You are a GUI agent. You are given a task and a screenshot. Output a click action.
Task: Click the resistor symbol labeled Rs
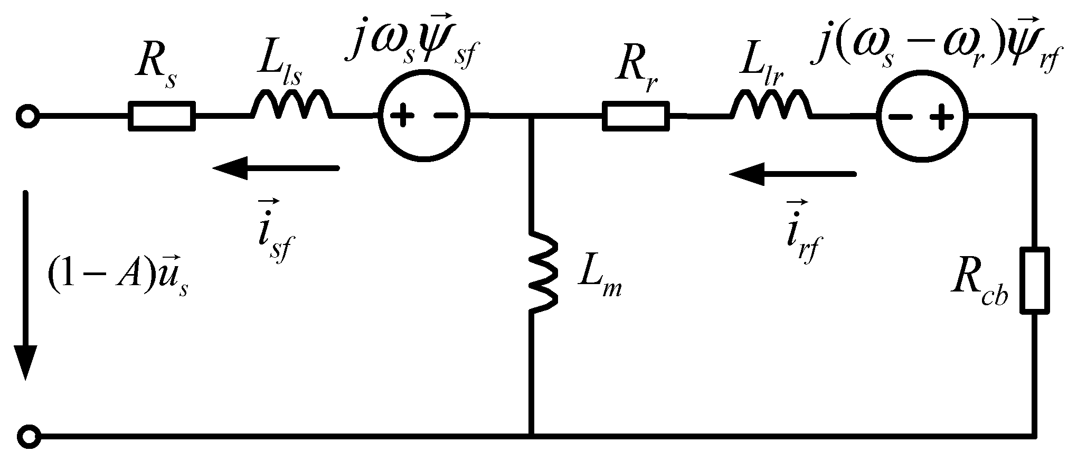pos(161,116)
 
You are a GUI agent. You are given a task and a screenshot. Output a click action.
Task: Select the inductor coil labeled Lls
pos(292,106)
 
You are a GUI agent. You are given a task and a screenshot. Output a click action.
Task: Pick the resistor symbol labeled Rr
pos(636,116)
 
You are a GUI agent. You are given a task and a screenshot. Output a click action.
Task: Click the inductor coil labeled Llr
pos(771,106)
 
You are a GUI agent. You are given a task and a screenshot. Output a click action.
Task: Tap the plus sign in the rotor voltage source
pos(943,117)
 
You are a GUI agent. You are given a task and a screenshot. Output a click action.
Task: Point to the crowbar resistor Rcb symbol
pos(1034,280)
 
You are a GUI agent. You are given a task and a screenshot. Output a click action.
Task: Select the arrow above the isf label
pos(275,168)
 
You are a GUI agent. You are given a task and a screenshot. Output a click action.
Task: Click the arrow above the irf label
pos(791,174)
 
